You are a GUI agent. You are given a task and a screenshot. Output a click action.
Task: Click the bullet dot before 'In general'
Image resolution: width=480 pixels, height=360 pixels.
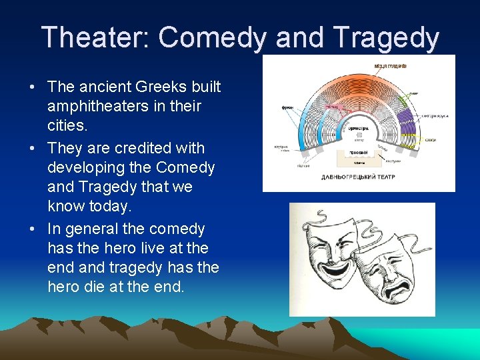(x=31, y=229)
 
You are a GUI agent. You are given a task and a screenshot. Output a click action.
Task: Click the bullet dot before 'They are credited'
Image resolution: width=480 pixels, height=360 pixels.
(x=31, y=147)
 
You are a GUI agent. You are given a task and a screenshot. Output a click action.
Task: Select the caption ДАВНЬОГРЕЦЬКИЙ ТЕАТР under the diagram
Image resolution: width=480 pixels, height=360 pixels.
(x=358, y=177)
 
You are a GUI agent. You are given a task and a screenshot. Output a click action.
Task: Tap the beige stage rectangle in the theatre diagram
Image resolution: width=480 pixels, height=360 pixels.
(x=359, y=158)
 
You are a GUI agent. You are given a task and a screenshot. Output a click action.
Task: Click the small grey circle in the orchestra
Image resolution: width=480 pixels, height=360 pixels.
(x=359, y=135)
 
